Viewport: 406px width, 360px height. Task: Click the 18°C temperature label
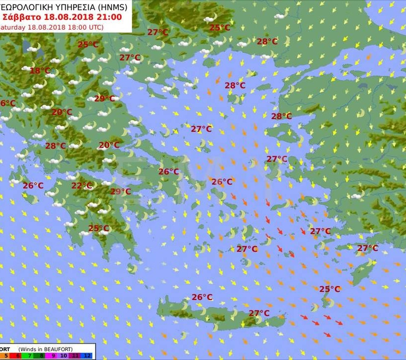click(x=40, y=71)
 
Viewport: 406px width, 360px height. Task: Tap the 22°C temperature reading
click(x=82, y=186)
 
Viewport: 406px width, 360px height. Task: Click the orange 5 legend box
click(x=6, y=356)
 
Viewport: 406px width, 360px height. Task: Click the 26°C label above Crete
click(x=202, y=297)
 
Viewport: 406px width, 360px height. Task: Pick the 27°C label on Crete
click(x=259, y=313)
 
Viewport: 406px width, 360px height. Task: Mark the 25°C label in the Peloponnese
click(x=99, y=228)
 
